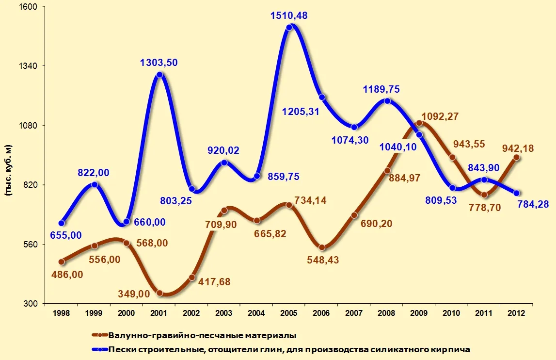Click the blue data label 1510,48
coord(289,16)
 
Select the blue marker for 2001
coord(159,75)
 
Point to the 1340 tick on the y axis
coord(32,66)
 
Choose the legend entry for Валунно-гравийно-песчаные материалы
coord(202,335)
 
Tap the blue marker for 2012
coord(517,193)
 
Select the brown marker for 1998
coord(61,262)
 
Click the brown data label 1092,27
coord(440,116)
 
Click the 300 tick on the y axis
coord(34,304)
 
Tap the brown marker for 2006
coord(322,247)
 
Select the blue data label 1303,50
coord(159,62)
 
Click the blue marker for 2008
coord(387,101)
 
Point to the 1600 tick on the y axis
coord(32,7)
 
